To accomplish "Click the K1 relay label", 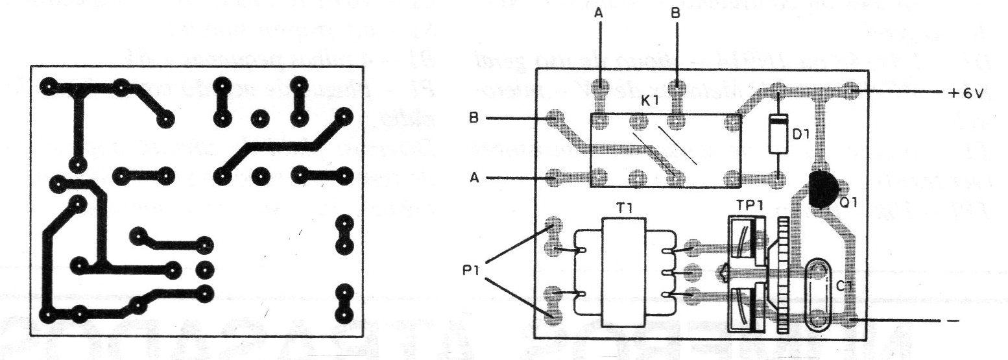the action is coord(649,101).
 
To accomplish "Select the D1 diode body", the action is coord(778,134).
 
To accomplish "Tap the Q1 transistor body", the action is coord(822,189).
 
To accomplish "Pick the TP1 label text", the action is coord(750,205).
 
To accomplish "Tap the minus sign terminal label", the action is coord(952,321).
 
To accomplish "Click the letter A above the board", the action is coord(599,13).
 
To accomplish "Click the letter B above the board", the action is coord(675,13).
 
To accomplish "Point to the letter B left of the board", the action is coord(474,118).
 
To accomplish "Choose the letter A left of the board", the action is coord(474,178).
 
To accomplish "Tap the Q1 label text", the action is coord(848,202).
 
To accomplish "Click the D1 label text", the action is coord(801,134).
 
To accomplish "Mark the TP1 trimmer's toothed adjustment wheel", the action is coord(784,275).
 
